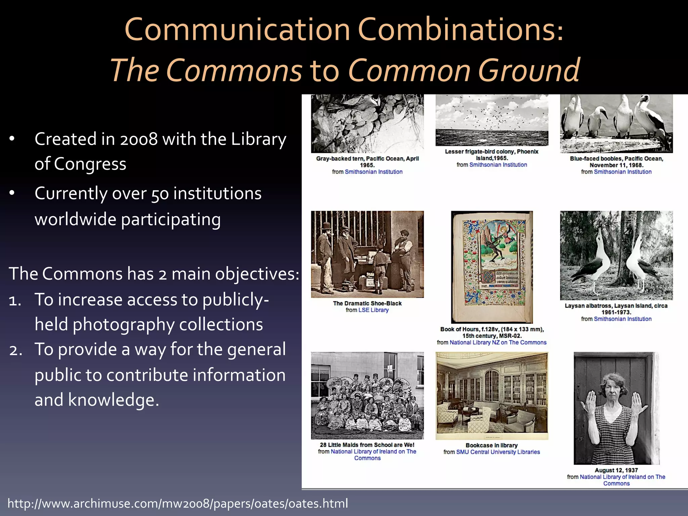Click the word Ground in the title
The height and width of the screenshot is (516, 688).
[529, 71]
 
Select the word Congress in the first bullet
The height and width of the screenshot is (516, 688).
[90, 164]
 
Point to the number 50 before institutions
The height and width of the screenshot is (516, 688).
[160, 194]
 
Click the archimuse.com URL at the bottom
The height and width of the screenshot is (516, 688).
[178, 503]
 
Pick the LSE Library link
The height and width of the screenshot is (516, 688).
[373, 310]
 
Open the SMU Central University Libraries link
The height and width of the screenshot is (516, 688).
[498, 452]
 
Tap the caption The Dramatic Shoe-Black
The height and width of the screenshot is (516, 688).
[367, 303]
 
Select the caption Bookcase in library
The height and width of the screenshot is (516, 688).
[491, 445]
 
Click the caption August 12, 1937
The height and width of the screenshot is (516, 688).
[616, 470]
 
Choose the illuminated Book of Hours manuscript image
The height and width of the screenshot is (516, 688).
[492, 267]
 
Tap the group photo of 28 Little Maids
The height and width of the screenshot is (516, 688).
[367, 396]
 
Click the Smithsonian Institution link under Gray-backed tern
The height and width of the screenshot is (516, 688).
[373, 172]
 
